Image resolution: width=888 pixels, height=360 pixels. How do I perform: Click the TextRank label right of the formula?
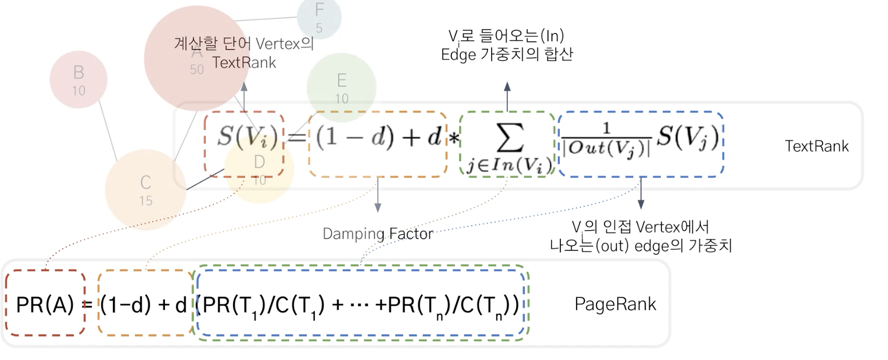click(816, 146)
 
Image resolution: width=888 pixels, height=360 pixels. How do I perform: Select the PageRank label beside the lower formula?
click(615, 304)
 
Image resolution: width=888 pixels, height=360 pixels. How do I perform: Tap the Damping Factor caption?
click(378, 234)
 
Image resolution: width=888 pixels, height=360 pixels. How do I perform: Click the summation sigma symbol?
click(510, 138)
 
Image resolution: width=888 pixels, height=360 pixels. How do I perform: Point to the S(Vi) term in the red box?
click(247, 137)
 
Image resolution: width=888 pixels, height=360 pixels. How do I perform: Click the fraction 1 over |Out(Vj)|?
click(607, 140)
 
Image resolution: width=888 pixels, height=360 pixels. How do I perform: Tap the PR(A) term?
click(45, 305)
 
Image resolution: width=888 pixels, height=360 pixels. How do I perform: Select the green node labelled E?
click(341, 88)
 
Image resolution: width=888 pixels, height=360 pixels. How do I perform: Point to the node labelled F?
click(319, 17)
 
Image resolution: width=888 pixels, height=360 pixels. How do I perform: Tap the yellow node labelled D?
click(259, 168)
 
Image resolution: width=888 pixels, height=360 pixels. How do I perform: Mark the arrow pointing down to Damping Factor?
click(377, 196)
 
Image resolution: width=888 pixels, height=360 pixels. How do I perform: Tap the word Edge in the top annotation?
click(458, 55)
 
